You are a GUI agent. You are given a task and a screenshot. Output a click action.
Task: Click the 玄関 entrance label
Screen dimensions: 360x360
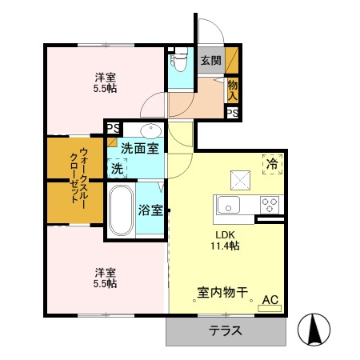tap(210, 60)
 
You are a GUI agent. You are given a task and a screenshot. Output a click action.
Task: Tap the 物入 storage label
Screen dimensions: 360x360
tap(232, 89)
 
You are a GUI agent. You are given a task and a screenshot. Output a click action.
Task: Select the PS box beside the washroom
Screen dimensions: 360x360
tap(113, 127)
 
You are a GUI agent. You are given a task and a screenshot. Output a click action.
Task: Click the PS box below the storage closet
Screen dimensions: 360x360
tap(232, 113)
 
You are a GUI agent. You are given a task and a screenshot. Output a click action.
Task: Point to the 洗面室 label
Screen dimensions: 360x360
tap(139, 148)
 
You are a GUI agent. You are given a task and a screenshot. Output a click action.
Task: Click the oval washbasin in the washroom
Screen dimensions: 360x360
tap(150, 130)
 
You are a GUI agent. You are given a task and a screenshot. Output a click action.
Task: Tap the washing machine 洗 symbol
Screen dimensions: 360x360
tap(118, 168)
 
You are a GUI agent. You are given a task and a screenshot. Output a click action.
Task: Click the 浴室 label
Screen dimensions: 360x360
tap(150, 211)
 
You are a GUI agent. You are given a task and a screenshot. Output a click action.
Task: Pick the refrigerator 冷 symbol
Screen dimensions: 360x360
tap(272, 164)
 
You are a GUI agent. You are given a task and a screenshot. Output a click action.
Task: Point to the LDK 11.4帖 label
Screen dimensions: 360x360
tap(225, 240)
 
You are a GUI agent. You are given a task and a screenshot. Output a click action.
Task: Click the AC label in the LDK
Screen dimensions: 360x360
tap(270, 300)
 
